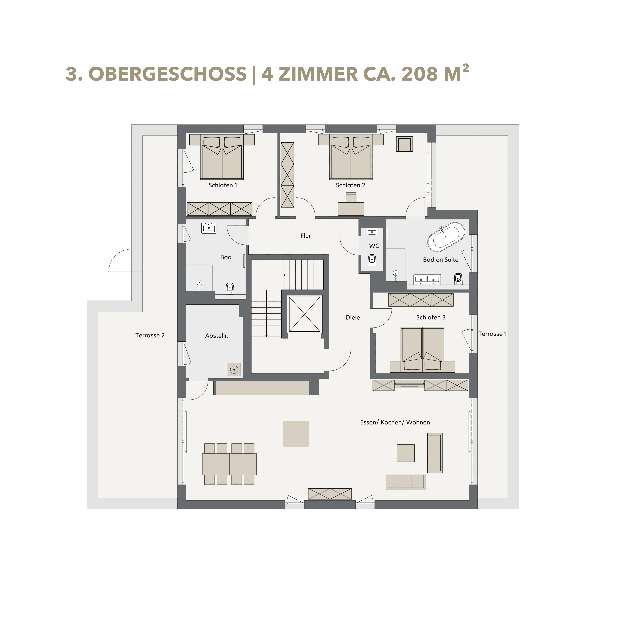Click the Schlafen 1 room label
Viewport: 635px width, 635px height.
pyautogui.click(x=223, y=185)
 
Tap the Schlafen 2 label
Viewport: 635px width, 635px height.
pyautogui.click(x=350, y=185)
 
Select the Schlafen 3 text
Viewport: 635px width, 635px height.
pyautogui.click(x=431, y=317)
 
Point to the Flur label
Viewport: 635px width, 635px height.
pyautogui.click(x=305, y=236)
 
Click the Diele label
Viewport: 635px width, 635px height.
pyautogui.click(x=353, y=317)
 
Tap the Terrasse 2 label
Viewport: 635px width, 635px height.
pyautogui.click(x=150, y=336)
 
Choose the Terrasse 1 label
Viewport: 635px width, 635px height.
pyautogui.click(x=492, y=334)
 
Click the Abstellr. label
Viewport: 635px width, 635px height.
pyautogui.click(x=217, y=336)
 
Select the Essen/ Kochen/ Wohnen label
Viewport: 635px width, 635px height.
pyautogui.click(x=395, y=422)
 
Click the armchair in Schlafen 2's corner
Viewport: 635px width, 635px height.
pyautogui.click(x=404, y=144)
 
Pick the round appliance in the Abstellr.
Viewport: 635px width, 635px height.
pyautogui.click(x=234, y=370)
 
